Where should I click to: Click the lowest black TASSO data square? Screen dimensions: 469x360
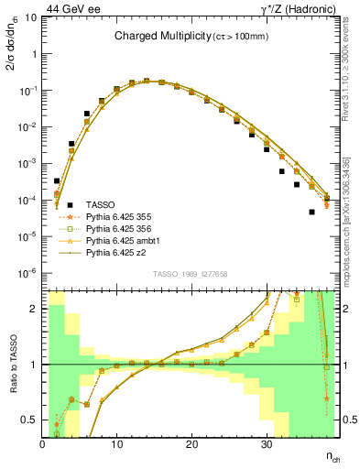point(311,212)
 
